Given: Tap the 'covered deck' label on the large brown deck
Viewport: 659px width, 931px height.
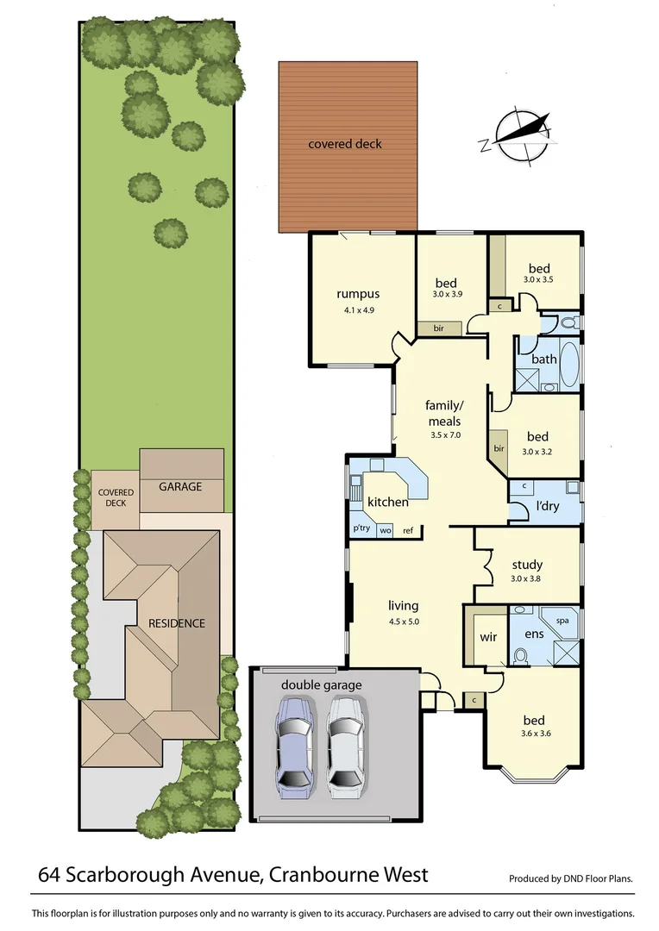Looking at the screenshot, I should click(344, 144).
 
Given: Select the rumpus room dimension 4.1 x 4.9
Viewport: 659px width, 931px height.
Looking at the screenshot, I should click(358, 309).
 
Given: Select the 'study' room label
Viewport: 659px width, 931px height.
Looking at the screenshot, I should click(526, 565).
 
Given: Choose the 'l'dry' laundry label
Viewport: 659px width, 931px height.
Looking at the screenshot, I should click(547, 506).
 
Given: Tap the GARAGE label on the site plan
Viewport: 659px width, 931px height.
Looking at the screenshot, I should click(180, 486).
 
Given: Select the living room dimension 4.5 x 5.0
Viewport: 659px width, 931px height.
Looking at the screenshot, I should click(403, 621).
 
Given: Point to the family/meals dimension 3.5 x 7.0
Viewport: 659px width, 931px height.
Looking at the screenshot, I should click(446, 435).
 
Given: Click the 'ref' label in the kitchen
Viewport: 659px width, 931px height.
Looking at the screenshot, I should click(408, 530).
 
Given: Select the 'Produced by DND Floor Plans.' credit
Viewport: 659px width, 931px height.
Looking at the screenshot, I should click(570, 879).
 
